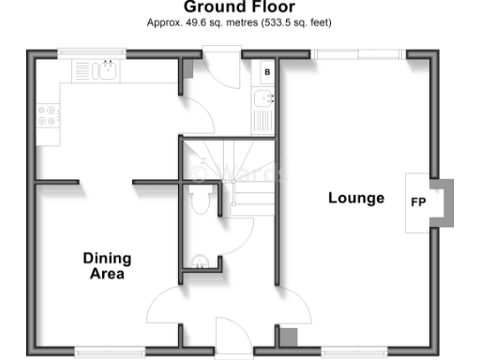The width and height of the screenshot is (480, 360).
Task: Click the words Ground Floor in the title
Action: (239, 7)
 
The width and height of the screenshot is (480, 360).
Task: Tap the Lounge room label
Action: (355, 198)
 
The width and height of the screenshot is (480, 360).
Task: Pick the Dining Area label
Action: (107, 266)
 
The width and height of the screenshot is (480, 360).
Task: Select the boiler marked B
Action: (267, 71)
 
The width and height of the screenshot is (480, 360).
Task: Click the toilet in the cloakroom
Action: (199, 199)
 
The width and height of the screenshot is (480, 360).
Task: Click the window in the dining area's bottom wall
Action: (110, 352)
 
